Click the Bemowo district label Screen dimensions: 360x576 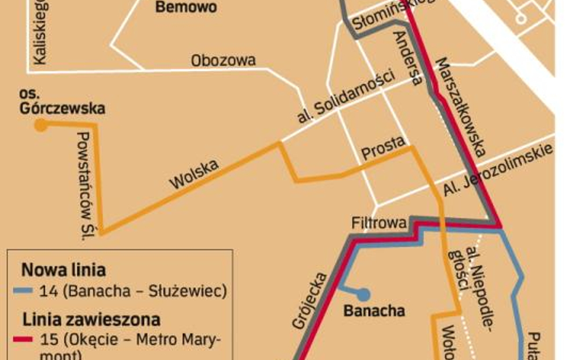[186, 8]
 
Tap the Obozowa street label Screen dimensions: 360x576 [223, 61]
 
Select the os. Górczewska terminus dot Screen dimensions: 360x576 [41, 126]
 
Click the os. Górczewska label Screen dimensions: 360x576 [62, 102]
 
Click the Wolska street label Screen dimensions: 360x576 [194, 175]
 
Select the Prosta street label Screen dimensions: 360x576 [383, 149]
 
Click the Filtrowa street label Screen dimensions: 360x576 [379, 223]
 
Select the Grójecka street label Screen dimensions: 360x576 [310, 301]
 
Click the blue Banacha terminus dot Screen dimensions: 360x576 [363, 294]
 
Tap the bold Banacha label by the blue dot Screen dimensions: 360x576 [374, 311]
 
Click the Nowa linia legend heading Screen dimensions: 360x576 [63, 270]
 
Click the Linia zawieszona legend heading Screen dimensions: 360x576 [91, 319]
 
